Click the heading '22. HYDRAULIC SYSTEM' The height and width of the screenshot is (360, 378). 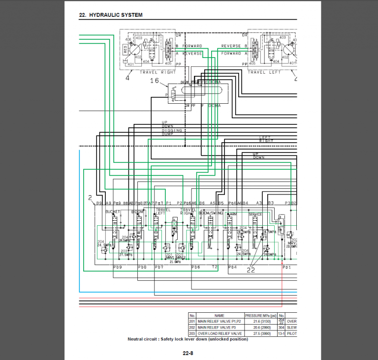[111, 15]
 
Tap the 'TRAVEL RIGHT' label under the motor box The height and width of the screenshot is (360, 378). [158, 72]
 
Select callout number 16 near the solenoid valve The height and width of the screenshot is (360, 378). [154, 81]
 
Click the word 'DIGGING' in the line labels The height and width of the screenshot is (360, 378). [172, 130]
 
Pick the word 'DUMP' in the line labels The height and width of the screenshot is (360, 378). [168, 134]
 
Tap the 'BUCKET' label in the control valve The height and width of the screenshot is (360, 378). [113, 211]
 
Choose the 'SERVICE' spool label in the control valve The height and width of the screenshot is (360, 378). [255, 214]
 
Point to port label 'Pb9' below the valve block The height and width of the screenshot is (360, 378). [117, 267]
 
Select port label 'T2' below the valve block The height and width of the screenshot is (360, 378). [215, 267]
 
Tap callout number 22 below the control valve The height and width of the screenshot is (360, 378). [251, 270]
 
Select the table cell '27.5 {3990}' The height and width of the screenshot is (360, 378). [260, 333]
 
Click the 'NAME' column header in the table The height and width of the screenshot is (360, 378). [220, 315]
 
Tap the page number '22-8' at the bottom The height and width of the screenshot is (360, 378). [188, 353]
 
